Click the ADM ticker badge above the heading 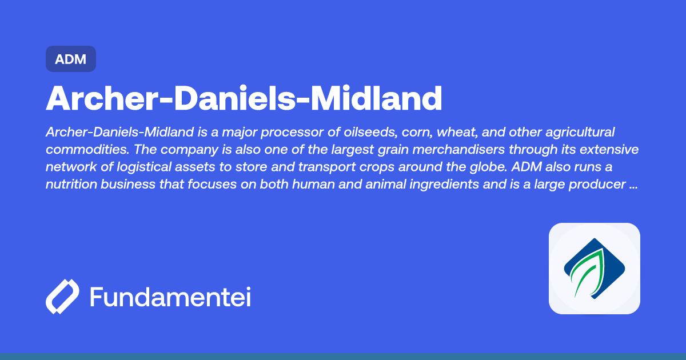71,59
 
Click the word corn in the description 418,133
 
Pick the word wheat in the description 461,133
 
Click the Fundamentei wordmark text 170,297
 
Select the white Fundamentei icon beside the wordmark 62,297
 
